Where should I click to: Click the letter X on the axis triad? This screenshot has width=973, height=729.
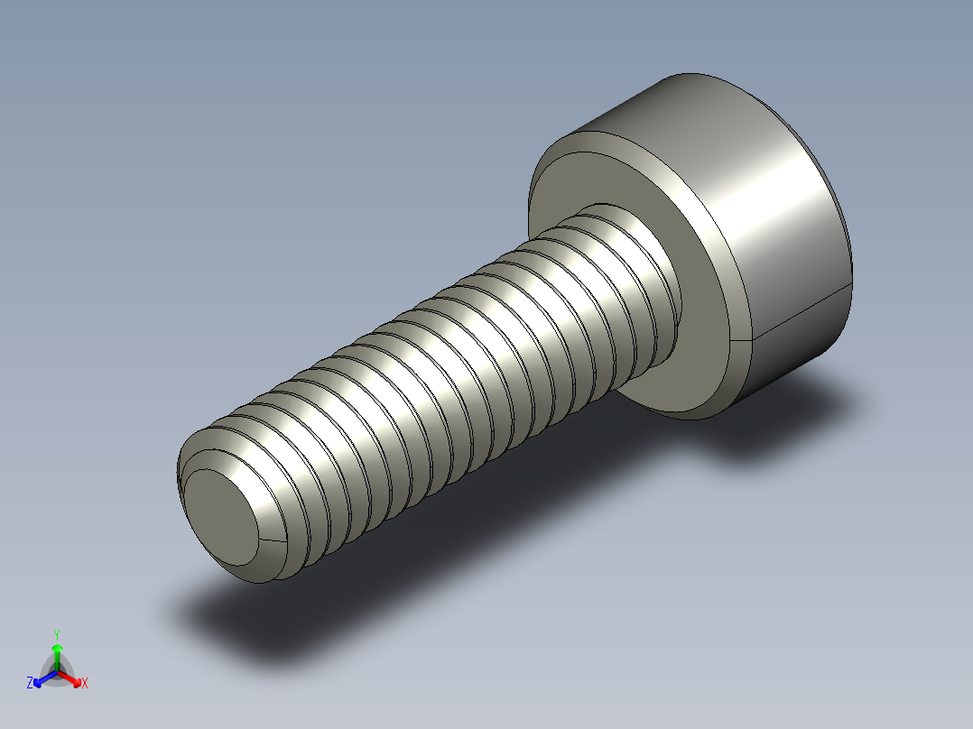85,684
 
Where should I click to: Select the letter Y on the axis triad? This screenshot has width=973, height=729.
56,635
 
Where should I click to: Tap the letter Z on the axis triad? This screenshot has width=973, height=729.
30,684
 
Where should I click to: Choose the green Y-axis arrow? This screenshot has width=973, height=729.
57,651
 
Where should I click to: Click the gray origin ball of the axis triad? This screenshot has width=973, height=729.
57,672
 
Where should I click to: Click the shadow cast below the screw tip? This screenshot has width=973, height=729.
235,623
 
